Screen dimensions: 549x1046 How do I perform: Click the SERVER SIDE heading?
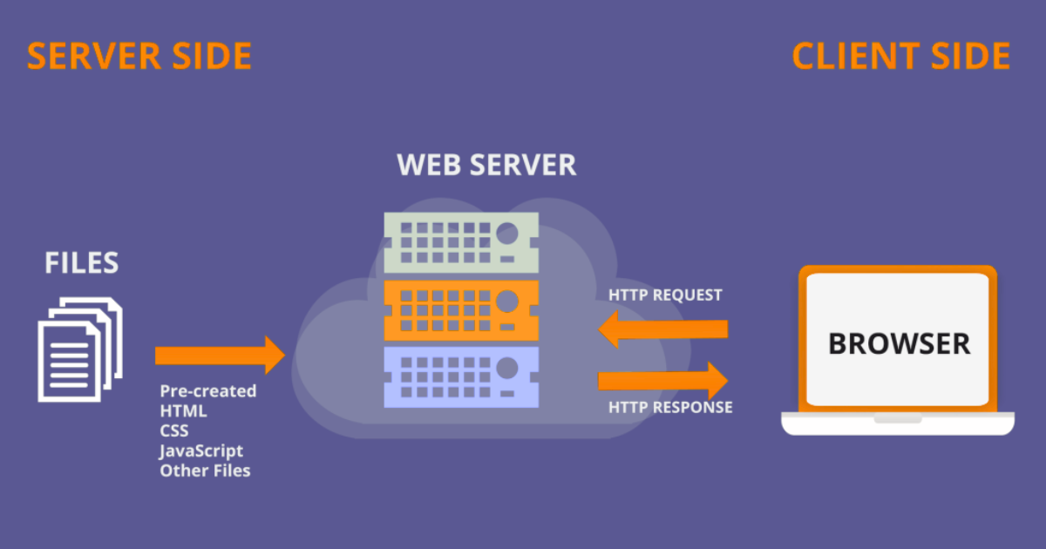tap(139, 57)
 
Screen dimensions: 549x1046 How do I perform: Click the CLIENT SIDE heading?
tap(900, 57)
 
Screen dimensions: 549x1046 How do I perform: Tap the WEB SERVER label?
tap(486, 165)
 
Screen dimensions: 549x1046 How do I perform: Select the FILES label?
tap(81, 262)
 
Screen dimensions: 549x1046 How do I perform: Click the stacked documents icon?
tap(79, 349)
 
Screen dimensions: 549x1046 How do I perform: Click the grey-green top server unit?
tap(461, 241)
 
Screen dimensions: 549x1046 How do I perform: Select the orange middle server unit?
tap(461, 310)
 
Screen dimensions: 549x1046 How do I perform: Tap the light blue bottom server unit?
tap(461, 377)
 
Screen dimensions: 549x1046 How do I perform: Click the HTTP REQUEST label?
tap(665, 295)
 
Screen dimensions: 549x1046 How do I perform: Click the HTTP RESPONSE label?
tap(670, 407)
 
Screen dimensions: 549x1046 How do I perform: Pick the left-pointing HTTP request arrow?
tap(662, 329)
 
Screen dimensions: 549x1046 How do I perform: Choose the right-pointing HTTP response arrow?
tap(662, 380)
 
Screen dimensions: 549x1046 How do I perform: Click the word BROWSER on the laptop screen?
tap(899, 343)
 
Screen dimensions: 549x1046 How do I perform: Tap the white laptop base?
tap(898, 424)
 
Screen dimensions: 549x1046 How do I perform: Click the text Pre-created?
tap(208, 391)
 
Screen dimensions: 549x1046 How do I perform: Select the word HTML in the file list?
tap(183, 411)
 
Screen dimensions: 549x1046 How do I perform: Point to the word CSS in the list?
tap(173, 430)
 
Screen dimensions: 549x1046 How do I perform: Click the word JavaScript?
tap(201, 451)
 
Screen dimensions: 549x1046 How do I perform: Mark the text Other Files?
tap(205, 471)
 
